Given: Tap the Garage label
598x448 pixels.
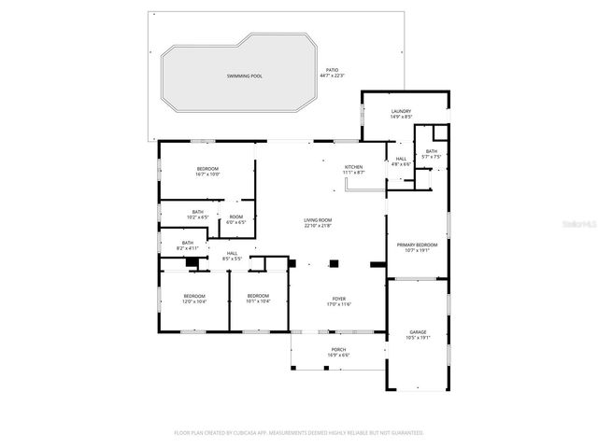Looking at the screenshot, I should click(x=418, y=333).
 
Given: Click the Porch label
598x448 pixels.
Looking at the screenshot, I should click(x=337, y=352).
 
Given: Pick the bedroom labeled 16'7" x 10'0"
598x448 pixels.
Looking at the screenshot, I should click(x=207, y=171).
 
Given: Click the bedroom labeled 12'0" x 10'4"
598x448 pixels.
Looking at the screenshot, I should click(x=194, y=299).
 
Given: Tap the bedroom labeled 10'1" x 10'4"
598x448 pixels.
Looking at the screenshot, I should click(x=258, y=299).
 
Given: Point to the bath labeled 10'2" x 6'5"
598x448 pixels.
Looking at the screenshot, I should click(x=198, y=214).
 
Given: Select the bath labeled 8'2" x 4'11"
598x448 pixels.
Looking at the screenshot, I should click(x=189, y=245).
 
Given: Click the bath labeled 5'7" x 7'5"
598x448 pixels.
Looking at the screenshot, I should click(x=431, y=154).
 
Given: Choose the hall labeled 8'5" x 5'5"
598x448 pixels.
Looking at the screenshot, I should click(x=231, y=256).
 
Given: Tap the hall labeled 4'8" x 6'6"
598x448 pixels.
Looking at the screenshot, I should click(x=401, y=161).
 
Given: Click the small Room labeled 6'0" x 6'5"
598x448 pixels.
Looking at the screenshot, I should click(x=235, y=220).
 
